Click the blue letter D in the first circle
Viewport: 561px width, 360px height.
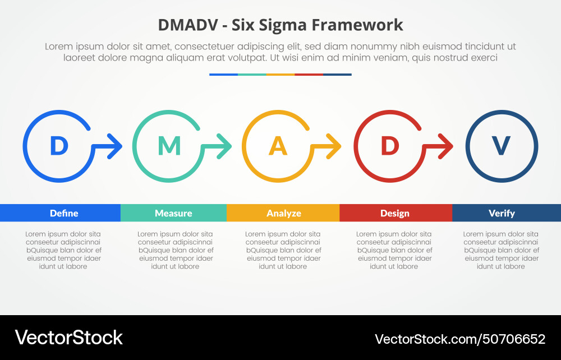click(58, 146)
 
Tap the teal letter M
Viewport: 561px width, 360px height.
click(169, 146)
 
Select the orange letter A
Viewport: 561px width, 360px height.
click(278, 146)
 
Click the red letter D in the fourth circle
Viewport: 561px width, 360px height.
click(389, 146)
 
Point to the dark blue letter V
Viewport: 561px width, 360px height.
click(501, 146)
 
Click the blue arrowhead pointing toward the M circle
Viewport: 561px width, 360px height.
click(116, 147)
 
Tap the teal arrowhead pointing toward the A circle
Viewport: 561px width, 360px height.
click(226, 147)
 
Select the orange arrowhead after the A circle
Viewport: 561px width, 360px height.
click(335, 147)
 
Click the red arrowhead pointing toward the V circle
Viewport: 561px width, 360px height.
click(447, 147)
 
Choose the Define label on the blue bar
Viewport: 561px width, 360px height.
click(64, 213)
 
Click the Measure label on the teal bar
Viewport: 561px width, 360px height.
click(173, 213)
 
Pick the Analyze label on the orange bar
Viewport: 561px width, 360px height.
click(284, 213)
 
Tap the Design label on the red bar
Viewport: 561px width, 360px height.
click(395, 213)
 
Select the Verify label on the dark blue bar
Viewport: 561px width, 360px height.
click(502, 213)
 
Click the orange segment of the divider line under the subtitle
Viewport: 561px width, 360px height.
click(280, 74)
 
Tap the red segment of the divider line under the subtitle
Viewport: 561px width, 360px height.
click(309, 74)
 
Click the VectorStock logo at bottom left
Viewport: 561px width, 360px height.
click(68, 338)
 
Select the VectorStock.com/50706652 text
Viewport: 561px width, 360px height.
click(459, 339)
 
